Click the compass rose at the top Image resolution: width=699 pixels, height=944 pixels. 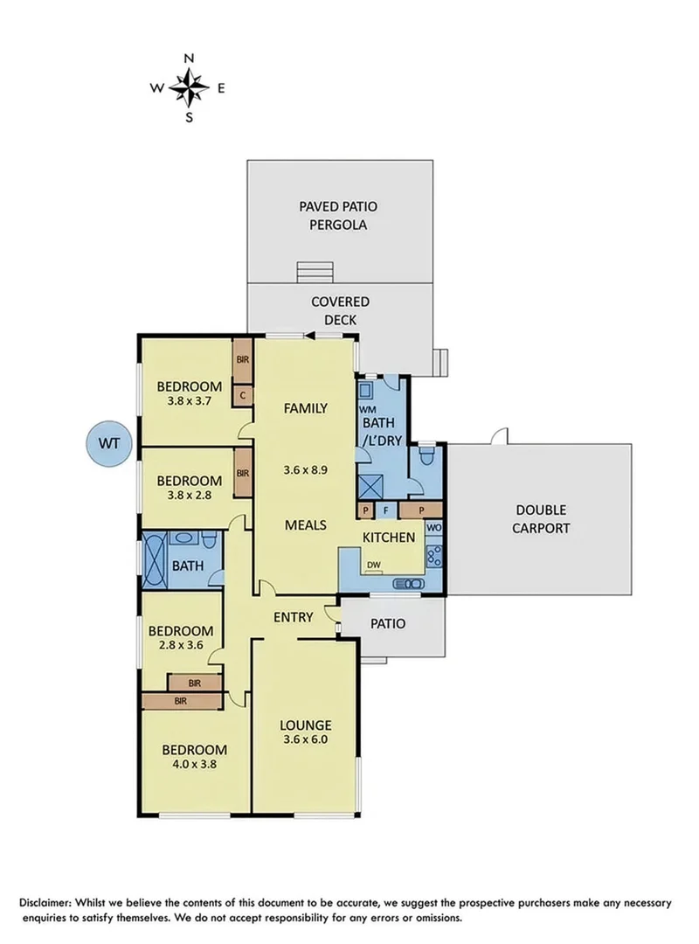coord(188,87)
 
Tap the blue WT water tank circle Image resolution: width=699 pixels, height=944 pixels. coord(108,443)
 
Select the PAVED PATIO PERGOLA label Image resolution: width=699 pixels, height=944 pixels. coord(340,216)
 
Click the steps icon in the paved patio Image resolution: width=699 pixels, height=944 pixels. coord(315,270)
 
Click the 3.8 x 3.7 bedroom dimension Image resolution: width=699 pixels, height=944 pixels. coord(189,403)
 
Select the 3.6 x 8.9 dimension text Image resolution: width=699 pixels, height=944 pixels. coord(305,469)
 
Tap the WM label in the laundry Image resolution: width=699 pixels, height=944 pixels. coord(367,409)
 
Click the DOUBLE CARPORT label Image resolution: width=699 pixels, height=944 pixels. coord(541,519)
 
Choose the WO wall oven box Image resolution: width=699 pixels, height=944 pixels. coord(433,529)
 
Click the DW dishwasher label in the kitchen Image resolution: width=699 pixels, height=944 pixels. coord(373,564)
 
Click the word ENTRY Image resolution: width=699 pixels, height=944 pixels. coord(293,617)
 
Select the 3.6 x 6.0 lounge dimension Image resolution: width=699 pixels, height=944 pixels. coord(305,740)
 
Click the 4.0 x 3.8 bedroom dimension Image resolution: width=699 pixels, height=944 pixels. coord(195,763)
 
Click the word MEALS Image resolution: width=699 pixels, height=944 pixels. coord(305,525)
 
